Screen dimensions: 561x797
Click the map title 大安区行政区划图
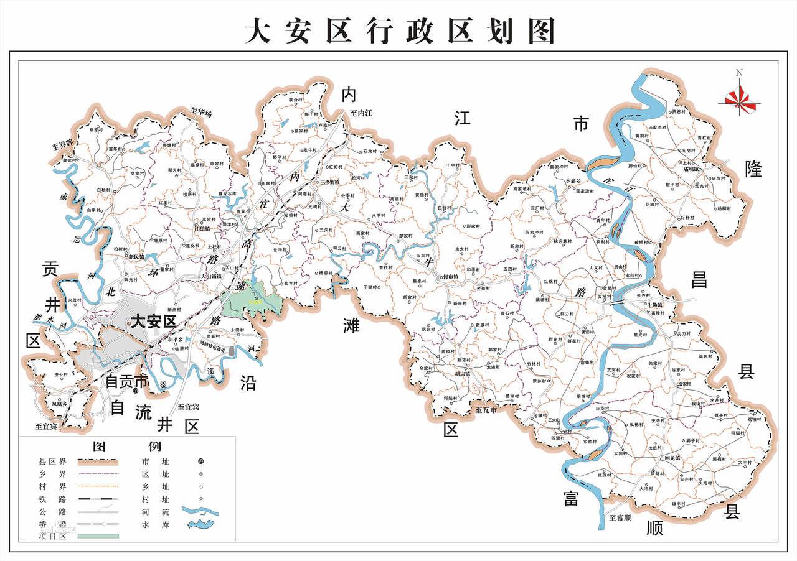398,30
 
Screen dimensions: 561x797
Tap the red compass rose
740,98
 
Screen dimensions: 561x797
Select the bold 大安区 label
153,321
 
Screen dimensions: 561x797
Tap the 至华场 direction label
202,113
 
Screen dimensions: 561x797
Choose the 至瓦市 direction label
487,410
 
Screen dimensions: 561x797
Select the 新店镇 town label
461,374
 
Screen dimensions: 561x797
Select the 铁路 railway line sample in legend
97,499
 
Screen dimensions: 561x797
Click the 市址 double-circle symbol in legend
201,461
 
